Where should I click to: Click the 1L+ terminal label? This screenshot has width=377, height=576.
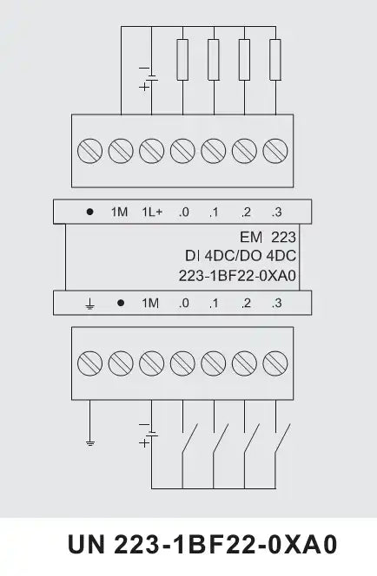[152, 212]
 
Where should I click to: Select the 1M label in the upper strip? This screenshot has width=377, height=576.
[119, 212]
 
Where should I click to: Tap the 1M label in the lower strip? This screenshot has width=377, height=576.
[150, 303]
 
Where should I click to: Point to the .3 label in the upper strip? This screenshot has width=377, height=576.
[276, 212]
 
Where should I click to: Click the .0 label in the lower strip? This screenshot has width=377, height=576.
[183, 303]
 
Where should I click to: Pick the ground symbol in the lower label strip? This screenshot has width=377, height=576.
[89, 304]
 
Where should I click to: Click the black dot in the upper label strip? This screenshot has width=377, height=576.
[89, 212]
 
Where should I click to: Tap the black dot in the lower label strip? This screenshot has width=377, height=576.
[121, 303]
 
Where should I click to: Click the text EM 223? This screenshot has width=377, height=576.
[268, 238]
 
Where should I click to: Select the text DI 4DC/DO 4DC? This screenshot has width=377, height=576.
[241, 256]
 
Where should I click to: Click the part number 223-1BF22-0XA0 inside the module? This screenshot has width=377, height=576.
[237, 276]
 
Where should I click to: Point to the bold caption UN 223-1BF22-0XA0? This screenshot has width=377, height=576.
[202, 545]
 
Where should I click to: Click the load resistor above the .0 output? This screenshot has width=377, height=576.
[182, 60]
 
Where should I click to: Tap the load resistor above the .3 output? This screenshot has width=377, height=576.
[275, 60]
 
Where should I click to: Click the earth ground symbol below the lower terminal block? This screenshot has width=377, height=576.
[90, 442]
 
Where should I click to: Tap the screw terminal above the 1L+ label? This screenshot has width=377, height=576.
[151, 151]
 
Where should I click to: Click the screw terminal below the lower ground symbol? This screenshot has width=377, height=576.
[89, 363]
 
